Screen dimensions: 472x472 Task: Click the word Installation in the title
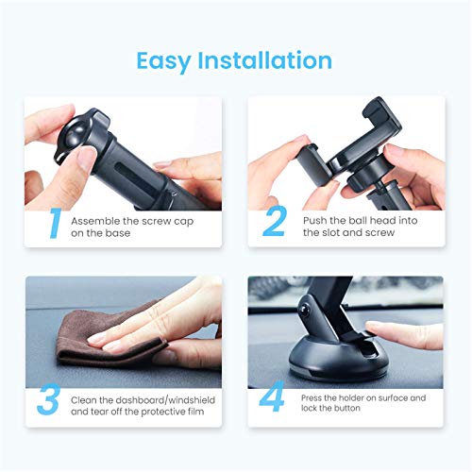click(265, 60)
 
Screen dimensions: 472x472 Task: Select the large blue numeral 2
click(275, 223)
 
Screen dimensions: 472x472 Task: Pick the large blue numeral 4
click(273, 399)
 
